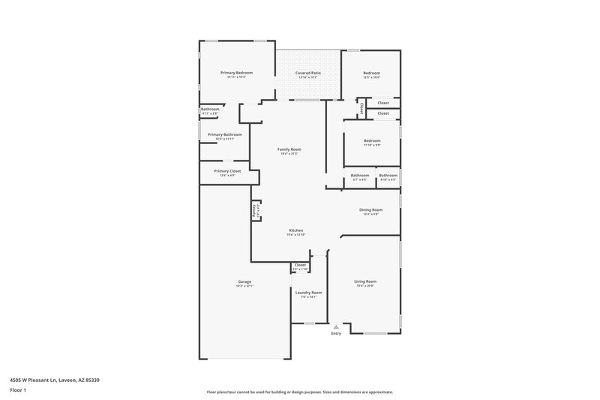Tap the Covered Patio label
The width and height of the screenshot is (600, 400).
pos(308,73)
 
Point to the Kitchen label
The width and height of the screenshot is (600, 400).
pos(296,230)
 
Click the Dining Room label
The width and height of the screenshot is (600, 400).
pos(371,210)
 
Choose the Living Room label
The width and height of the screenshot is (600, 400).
pos(365,281)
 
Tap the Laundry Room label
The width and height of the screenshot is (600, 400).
pos(308,293)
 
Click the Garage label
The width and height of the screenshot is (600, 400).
pos(244,281)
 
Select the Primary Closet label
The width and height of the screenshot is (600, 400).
pos(226,171)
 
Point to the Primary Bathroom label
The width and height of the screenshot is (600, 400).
pos(225,135)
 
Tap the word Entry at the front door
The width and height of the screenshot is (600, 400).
pos(335,333)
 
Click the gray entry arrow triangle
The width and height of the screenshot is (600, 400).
pos(336,326)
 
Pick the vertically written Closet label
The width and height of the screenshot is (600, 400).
pos(361,108)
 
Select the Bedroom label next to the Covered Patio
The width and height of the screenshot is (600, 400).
pos(372,73)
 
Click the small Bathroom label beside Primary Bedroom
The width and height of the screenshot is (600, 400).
pos(210,110)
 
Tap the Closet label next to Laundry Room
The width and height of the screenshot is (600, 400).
pos(300,265)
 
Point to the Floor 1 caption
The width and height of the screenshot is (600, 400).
pos(18,390)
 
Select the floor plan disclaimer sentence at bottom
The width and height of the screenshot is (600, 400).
pos(299,392)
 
